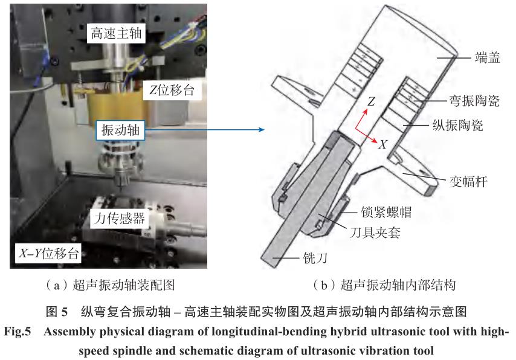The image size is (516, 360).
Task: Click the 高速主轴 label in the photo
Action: [116, 33]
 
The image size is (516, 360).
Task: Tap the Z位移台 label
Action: [172, 90]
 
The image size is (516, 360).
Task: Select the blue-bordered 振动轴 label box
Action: [120, 130]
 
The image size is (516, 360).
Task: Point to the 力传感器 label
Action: [120, 218]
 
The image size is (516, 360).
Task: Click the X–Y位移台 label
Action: [48, 253]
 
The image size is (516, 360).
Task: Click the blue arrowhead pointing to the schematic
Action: [262, 130]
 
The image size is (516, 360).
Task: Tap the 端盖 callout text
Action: [488, 57]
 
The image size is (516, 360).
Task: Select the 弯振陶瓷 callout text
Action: [474, 101]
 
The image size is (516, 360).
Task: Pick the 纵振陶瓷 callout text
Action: [458, 126]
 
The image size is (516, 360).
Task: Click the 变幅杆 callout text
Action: [469, 181]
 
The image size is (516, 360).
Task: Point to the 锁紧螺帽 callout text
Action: [386, 212]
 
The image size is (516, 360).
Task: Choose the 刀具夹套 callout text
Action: [375, 233]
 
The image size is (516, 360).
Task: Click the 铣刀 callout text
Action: [315, 258]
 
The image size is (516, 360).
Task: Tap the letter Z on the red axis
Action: [371, 101]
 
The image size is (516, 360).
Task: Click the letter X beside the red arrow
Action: [382, 144]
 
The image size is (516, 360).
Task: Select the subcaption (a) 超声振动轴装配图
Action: [110, 285]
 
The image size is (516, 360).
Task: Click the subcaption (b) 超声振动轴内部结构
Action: [384, 285]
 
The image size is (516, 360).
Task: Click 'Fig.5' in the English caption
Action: [18, 331]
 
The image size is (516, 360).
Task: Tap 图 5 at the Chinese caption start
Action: [57, 311]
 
